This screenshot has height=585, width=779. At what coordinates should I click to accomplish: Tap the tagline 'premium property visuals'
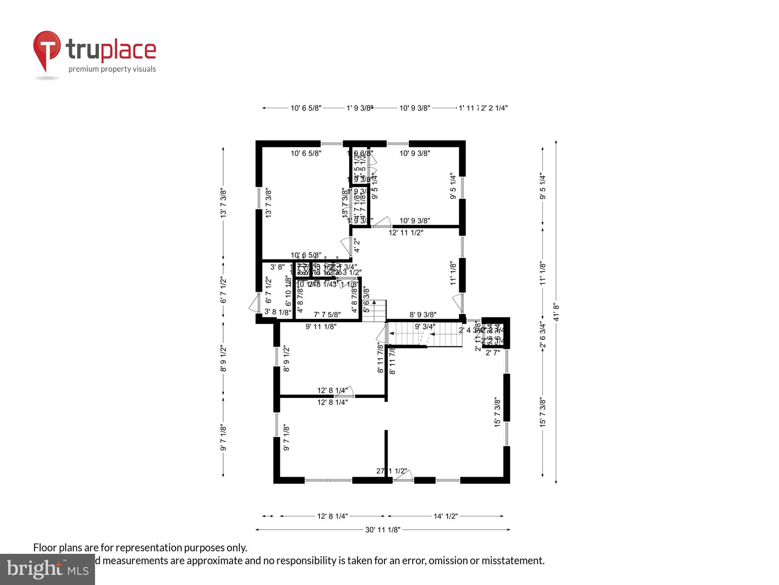[112, 69]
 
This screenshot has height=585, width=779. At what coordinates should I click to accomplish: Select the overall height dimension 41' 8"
[556, 312]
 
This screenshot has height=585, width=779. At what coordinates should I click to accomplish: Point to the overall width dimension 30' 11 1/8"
[383, 530]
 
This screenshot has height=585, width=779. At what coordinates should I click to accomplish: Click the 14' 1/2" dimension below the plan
[446, 516]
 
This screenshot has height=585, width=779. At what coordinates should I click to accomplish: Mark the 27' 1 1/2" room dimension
[391, 471]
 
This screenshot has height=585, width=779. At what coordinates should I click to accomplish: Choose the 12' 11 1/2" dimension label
[406, 232]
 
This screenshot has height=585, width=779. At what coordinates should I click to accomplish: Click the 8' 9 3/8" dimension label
[423, 314]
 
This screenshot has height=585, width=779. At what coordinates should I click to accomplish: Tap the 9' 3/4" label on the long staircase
[425, 326]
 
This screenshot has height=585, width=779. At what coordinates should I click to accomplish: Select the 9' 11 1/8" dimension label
[321, 326]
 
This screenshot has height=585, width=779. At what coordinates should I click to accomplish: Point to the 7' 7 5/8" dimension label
[327, 314]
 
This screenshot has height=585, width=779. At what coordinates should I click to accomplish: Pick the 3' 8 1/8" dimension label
[278, 312]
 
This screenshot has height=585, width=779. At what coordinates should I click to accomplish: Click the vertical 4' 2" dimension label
[357, 246]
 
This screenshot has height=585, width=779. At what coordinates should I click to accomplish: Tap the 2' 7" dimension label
[493, 353]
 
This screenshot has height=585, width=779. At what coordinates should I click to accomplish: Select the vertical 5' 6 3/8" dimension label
[366, 300]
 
